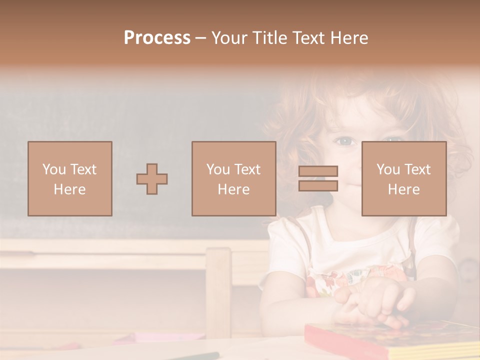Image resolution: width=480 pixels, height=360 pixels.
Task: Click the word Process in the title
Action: pos(157,38)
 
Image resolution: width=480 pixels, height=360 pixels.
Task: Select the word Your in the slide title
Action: pos(230,38)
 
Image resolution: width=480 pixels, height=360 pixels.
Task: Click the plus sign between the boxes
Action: pos(152,178)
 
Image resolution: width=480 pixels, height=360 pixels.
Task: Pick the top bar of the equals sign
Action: pos(318,171)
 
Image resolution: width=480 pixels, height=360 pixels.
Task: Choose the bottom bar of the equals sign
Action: pos(318,186)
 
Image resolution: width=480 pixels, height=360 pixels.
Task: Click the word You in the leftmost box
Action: pos(54,169)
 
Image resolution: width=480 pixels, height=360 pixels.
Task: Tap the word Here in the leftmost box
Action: pos(69,189)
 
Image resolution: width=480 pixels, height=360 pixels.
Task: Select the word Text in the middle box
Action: pos(247,169)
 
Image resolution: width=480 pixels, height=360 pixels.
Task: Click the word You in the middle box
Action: pos(218,169)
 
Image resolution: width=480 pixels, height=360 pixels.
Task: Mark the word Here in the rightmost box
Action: pos(403,189)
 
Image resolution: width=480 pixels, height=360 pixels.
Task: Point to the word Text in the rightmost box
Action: pos(417,169)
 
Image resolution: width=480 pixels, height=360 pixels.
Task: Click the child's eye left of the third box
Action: pos(345,142)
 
